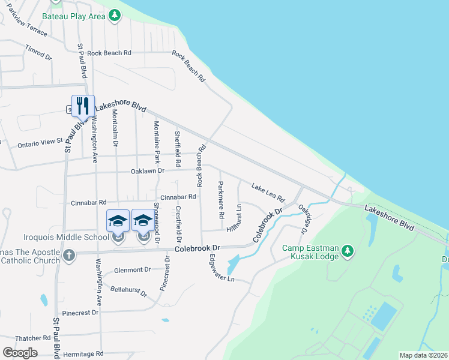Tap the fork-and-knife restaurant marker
83,106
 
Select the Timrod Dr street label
38,52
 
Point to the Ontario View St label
40,142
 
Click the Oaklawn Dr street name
147,171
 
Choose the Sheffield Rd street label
178,149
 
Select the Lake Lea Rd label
268,193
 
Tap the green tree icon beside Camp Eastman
347,251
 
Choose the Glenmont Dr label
132,270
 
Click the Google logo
20,352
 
